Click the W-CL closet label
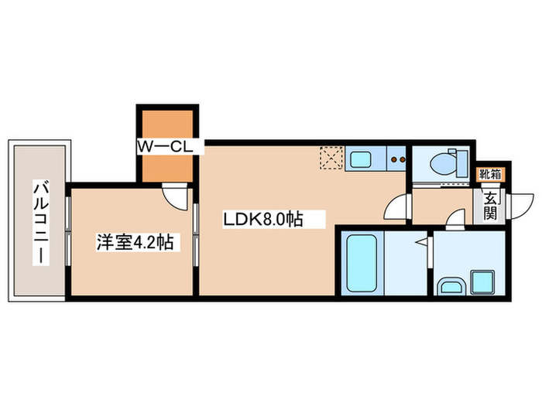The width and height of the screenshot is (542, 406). pos(169,145)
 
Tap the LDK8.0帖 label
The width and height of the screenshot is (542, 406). pos(262,220)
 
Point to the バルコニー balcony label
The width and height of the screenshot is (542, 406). pos(38,220)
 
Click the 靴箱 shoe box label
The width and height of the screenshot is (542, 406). pos(489,175)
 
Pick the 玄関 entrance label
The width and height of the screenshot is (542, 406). pos(491,206)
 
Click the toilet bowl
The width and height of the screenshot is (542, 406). pos(446,163)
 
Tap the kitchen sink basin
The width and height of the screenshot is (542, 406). pos(361,160)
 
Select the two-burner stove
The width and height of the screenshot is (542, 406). pos(398,161)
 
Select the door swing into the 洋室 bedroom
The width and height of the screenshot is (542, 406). pos(177,196)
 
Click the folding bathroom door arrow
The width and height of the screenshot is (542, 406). pos(423,246)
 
